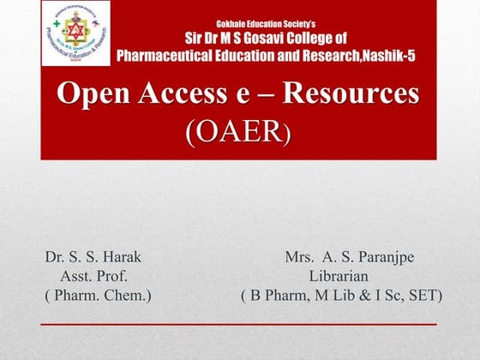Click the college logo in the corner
(75, 33)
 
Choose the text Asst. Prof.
(94, 276)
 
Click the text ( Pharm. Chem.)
(97, 296)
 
